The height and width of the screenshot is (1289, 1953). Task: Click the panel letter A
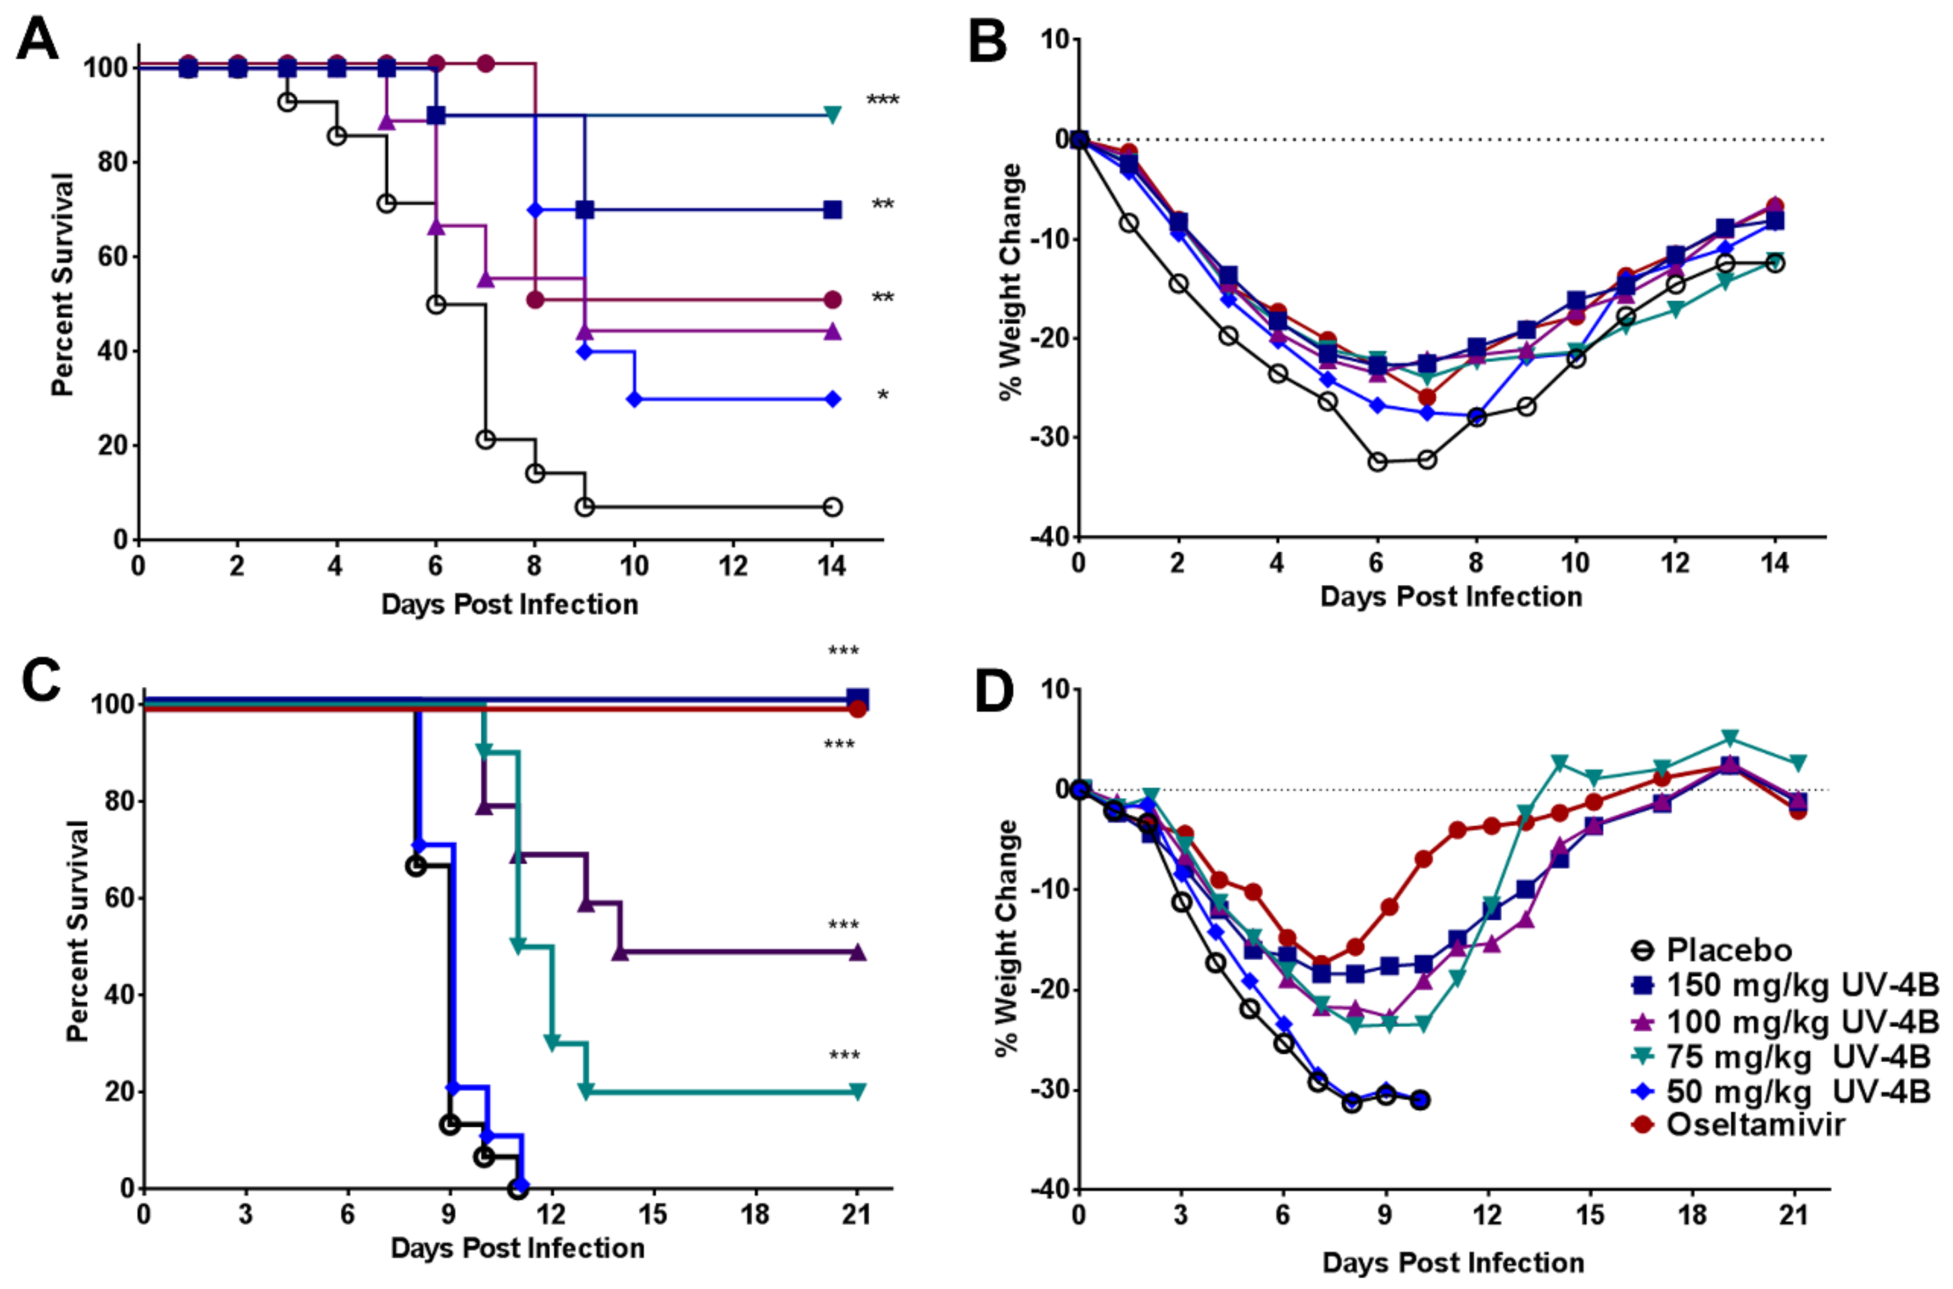pos(37,40)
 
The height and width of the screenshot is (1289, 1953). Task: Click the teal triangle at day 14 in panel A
pos(832,115)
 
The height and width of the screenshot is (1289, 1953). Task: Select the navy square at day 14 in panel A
pos(832,210)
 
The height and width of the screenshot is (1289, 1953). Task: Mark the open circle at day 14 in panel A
pos(832,507)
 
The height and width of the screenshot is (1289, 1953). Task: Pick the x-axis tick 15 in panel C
pos(653,1215)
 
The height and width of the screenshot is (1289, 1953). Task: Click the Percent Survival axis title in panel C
pos(76,931)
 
